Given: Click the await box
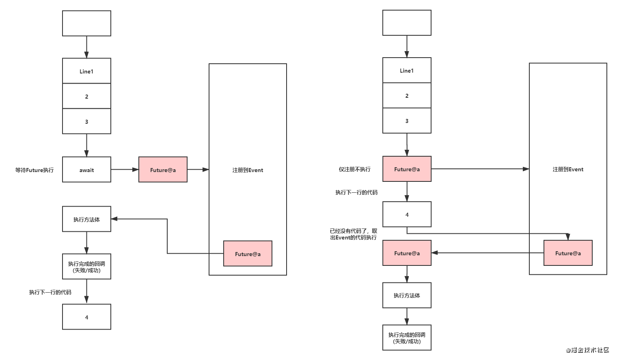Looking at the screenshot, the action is point(86,169).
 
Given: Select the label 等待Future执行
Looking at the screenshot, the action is point(35,170).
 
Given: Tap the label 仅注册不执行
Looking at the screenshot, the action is point(354,169).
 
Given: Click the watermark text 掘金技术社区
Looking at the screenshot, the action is point(590,350).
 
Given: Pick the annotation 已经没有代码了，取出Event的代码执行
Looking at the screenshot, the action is point(354,234).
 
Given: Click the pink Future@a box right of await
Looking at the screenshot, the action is point(163,169).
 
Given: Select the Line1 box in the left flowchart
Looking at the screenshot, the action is point(86,71).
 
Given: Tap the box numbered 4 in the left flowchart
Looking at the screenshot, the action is point(86,317).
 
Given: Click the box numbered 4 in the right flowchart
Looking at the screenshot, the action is point(407,214).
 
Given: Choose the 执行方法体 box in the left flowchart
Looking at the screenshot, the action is point(86,219).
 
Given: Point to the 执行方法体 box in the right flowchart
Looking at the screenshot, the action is point(407,295).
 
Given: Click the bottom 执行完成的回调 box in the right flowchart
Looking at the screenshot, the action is point(407,338).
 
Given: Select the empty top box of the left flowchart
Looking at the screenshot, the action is point(86,24).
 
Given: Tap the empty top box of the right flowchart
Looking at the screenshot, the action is point(407,23).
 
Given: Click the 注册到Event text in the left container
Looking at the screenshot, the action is point(248,170).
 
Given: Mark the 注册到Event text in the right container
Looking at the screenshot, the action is point(568,169).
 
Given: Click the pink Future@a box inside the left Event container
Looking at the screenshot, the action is point(248,253).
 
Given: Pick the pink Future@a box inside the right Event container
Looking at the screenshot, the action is point(568,253).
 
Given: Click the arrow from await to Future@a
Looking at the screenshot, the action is point(125,169).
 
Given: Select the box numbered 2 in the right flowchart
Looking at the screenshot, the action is point(407,95).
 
